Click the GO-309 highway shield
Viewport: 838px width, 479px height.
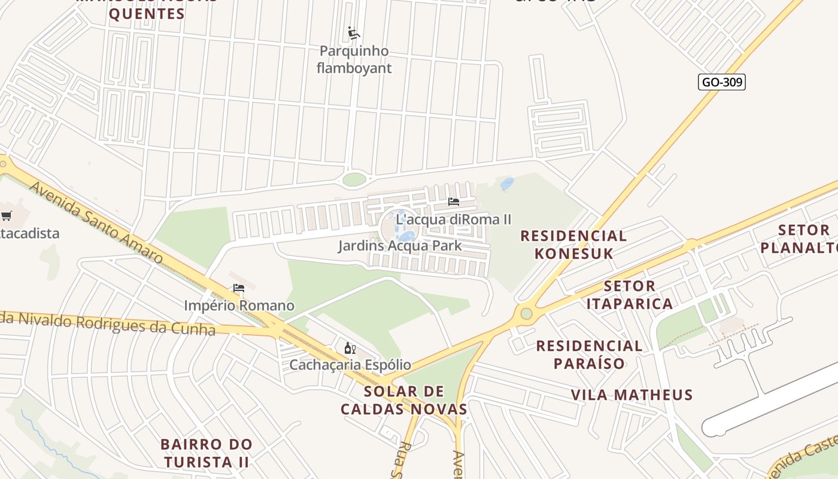click(721, 82)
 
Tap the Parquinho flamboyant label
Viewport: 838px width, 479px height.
click(354, 59)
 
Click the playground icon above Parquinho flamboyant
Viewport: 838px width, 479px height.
click(354, 33)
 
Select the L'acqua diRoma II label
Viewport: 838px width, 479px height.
click(454, 219)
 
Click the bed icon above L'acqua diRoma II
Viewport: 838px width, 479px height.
click(454, 202)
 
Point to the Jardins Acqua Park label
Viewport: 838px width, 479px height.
click(400, 245)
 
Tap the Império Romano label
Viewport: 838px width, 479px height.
click(239, 306)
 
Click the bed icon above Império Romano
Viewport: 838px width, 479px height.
click(239, 288)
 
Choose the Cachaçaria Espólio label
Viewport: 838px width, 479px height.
click(350, 365)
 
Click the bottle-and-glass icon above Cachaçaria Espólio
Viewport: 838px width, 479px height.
click(350, 348)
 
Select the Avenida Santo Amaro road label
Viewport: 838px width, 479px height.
click(96, 222)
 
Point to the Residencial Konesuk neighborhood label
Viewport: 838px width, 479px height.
click(573, 244)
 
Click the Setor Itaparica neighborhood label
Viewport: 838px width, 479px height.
click(629, 295)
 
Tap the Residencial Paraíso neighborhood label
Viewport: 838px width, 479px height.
click(589, 354)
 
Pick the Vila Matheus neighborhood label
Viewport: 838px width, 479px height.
click(631, 395)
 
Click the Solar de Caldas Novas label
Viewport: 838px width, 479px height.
click(404, 401)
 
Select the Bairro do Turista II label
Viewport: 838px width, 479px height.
click(207, 453)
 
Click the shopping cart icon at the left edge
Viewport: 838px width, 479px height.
click(6, 216)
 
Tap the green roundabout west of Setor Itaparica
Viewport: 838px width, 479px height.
click(526, 313)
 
